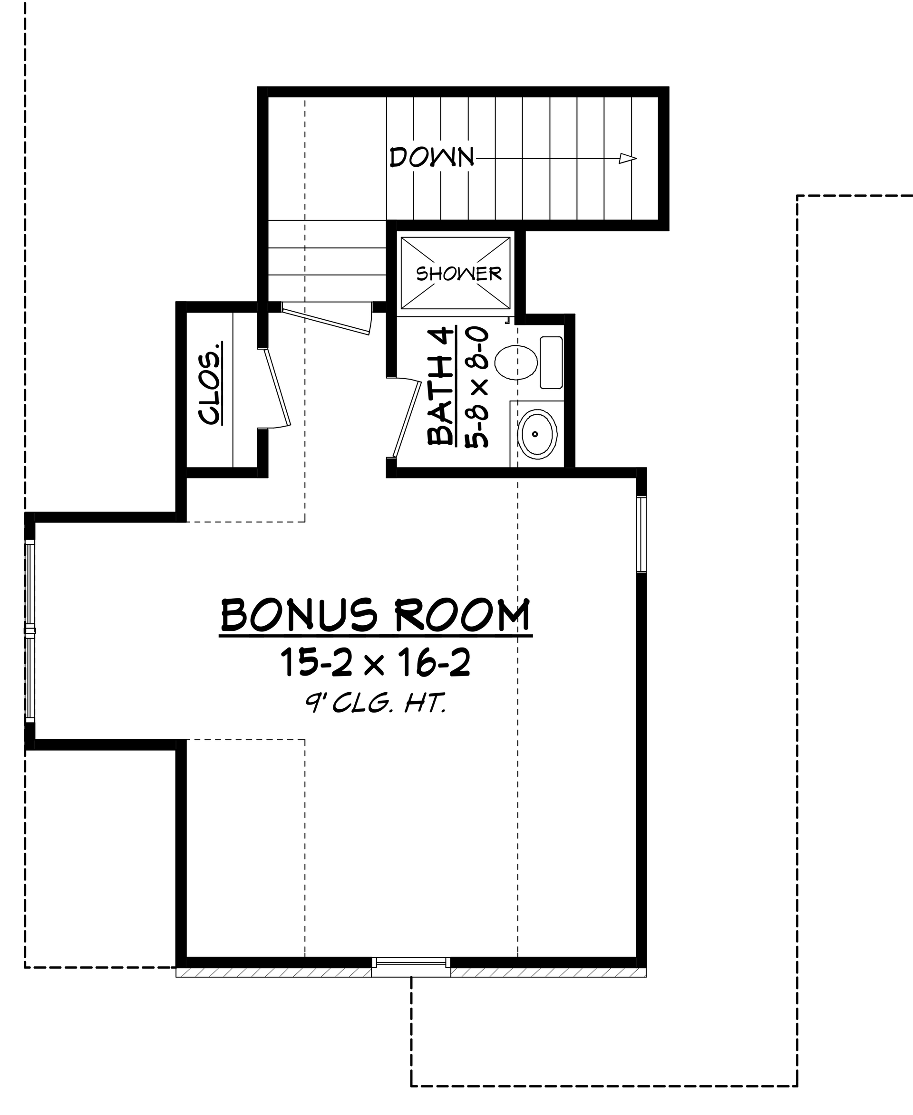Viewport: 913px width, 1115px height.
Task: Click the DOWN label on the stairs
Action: [x=431, y=158]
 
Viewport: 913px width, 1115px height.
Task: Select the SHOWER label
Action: [x=458, y=273]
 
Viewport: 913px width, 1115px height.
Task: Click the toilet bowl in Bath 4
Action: [x=516, y=362]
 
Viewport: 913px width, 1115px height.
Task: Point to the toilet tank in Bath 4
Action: [x=551, y=362]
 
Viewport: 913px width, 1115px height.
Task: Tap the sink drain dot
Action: [x=535, y=434]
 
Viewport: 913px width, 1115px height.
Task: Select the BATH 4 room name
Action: [x=441, y=386]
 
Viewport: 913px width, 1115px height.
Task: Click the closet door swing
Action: [x=278, y=389]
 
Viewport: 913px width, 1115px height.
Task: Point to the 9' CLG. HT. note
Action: [x=375, y=704]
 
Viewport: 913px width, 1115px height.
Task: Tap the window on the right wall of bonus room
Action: [x=641, y=534]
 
